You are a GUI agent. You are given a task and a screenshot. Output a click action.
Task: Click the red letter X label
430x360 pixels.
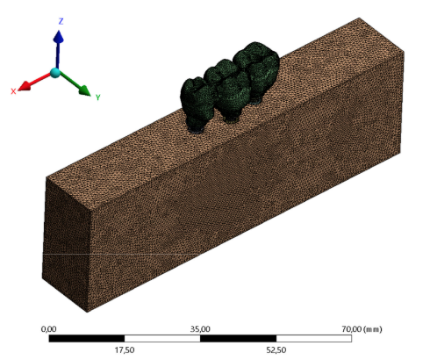point(14,91)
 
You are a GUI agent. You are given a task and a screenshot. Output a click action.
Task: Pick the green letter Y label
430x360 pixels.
point(97,96)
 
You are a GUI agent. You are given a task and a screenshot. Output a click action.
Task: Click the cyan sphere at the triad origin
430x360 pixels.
point(55,73)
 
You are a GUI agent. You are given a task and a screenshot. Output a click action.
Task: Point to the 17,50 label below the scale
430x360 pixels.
point(125,349)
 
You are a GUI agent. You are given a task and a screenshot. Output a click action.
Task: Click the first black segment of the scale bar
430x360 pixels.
point(87,337)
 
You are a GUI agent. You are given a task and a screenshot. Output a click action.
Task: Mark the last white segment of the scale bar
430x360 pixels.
point(313,337)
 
